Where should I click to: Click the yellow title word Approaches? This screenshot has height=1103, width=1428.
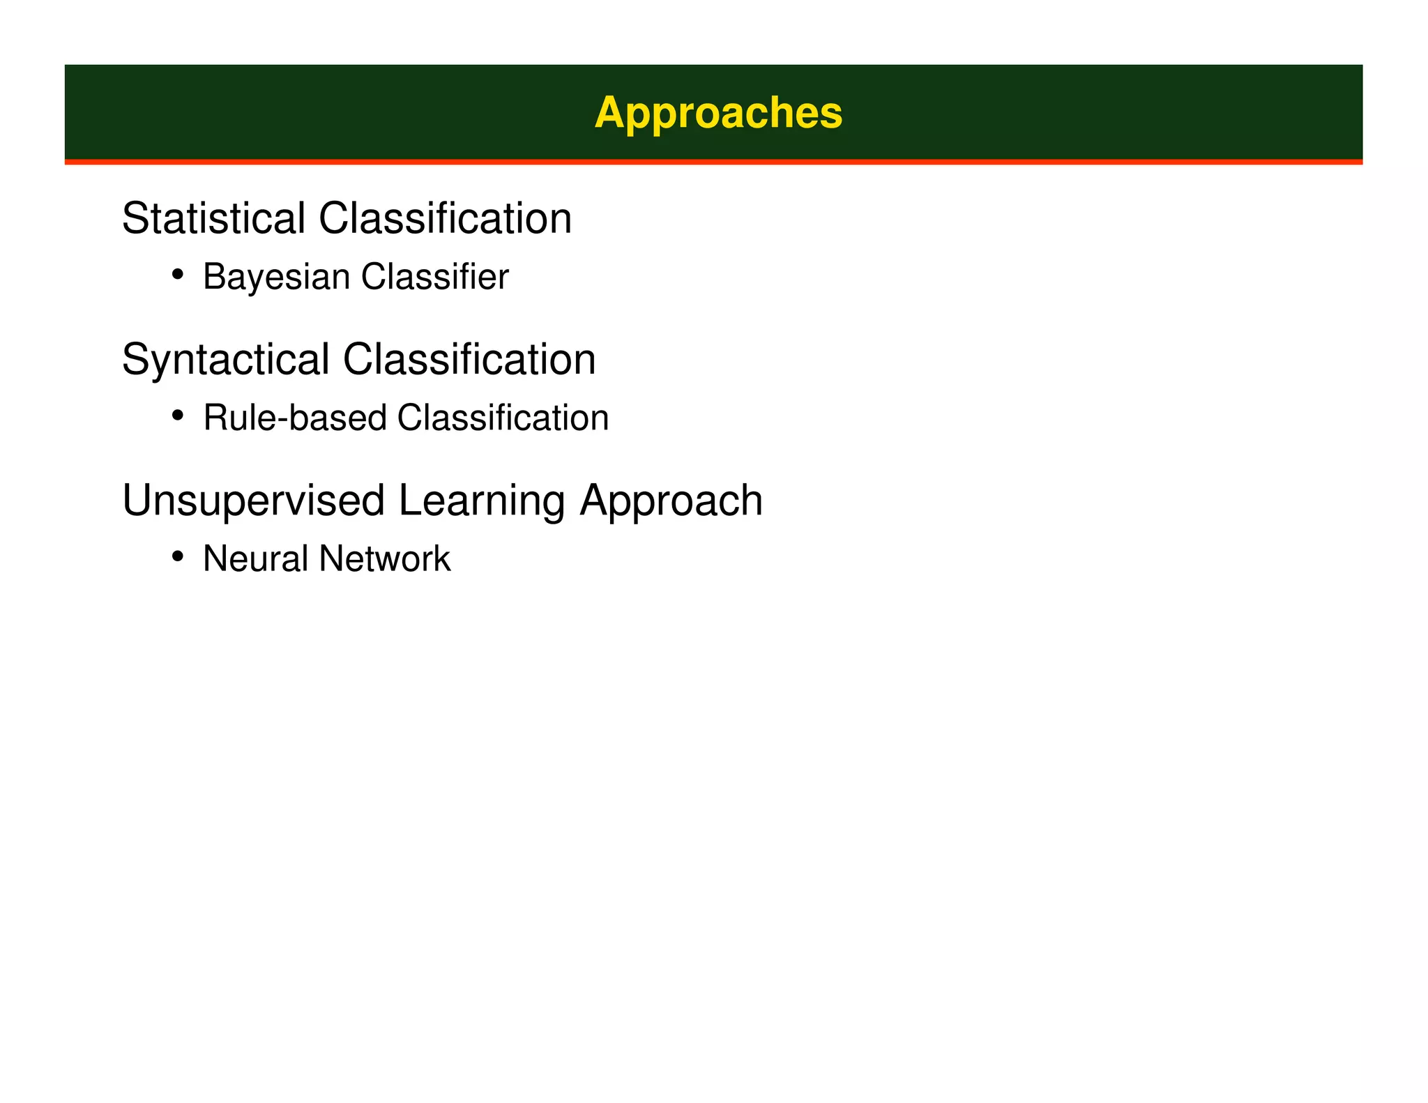tap(718, 113)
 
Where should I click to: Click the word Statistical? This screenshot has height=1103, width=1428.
tap(213, 218)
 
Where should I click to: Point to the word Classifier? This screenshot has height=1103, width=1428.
tap(435, 277)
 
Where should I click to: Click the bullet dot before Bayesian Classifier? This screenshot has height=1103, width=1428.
tap(178, 274)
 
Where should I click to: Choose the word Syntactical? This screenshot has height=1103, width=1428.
tap(225, 360)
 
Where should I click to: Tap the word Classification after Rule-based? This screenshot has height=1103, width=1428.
tap(503, 418)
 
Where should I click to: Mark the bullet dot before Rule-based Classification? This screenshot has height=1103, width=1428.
tap(178, 416)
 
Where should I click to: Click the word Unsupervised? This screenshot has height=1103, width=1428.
tap(253, 501)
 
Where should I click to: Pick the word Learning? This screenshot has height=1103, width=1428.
tap(482, 501)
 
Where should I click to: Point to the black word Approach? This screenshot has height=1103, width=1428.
tap(671, 501)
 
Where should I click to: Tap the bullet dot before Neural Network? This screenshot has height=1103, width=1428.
tap(178, 556)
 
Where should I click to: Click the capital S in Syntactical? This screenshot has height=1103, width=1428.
tap(135, 360)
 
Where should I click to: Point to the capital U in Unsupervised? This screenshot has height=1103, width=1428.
tap(137, 501)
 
